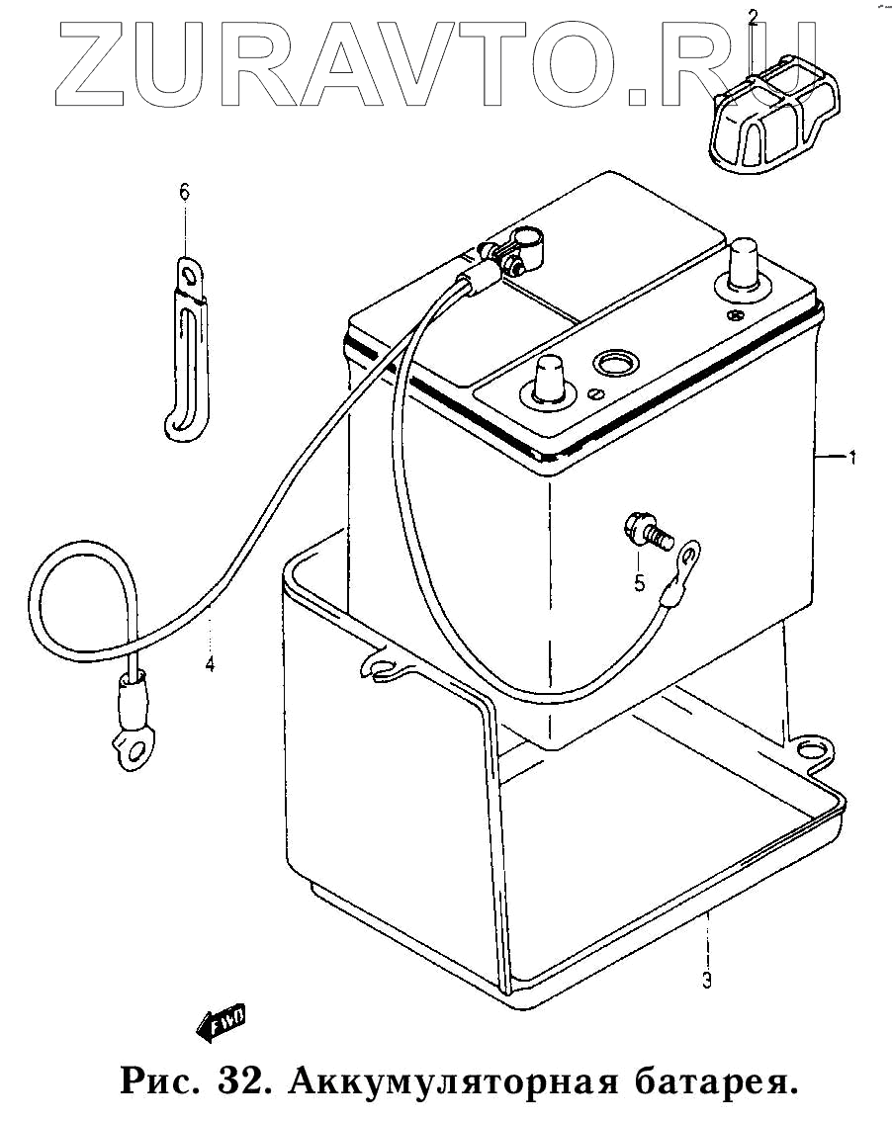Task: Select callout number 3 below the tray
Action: [706, 981]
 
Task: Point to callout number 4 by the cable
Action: [210, 664]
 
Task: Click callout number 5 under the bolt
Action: [640, 583]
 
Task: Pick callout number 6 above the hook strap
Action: [184, 192]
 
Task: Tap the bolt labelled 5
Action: [645, 531]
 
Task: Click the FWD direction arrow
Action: [222, 1022]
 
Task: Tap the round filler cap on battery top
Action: [616, 362]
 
